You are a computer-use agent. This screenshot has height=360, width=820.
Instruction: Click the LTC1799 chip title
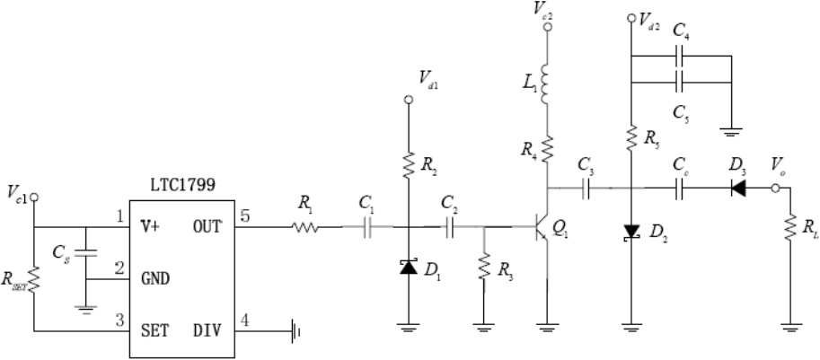point(181,186)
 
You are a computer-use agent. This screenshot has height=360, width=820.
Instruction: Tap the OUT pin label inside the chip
point(207,227)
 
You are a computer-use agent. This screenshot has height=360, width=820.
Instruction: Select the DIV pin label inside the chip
point(207,330)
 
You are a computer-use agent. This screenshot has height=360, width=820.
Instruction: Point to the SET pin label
point(154,330)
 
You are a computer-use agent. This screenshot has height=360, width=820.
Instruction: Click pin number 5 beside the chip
point(245,215)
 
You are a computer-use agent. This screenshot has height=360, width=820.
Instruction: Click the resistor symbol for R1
point(304,227)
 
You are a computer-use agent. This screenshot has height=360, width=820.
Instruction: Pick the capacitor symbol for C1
point(367,227)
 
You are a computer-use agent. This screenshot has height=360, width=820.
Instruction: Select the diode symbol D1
point(409,267)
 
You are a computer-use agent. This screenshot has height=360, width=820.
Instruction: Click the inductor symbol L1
point(545,84)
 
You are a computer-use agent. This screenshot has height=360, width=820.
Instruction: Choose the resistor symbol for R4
point(548,149)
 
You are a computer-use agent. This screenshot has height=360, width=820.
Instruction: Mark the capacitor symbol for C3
point(586,189)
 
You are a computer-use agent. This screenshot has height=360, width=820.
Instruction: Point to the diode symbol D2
point(631,232)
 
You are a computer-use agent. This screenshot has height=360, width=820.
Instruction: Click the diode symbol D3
point(738,189)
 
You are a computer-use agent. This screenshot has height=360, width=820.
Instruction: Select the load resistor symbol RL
point(790,227)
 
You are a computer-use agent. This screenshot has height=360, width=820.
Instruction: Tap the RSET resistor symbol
point(34,280)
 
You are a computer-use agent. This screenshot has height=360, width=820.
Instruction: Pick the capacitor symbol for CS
point(86,253)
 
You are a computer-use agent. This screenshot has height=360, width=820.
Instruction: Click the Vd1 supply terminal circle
point(409,100)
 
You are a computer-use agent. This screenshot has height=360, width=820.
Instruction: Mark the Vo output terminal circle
point(776,189)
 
